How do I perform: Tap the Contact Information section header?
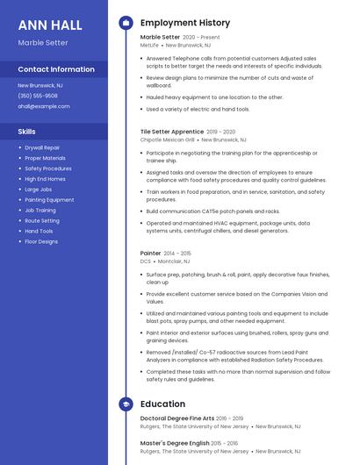point(56,69)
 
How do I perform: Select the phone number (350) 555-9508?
point(38,96)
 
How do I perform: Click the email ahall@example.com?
point(44,106)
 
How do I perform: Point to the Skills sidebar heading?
point(27,132)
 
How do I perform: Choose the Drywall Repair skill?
point(42,147)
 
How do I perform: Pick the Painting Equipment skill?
point(49,199)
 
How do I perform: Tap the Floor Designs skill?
point(41,241)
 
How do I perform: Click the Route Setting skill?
point(42,220)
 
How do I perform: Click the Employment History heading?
point(185,23)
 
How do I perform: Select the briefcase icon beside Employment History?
point(126,23)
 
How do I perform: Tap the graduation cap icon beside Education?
point(126,404)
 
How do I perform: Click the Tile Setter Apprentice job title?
point(172,132)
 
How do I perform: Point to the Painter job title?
point(150,253)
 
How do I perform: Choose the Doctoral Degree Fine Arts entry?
point(176,418)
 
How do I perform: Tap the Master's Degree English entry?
point(175,443)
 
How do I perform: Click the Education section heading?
point(162,404)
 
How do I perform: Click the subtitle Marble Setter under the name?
point(43,42)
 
